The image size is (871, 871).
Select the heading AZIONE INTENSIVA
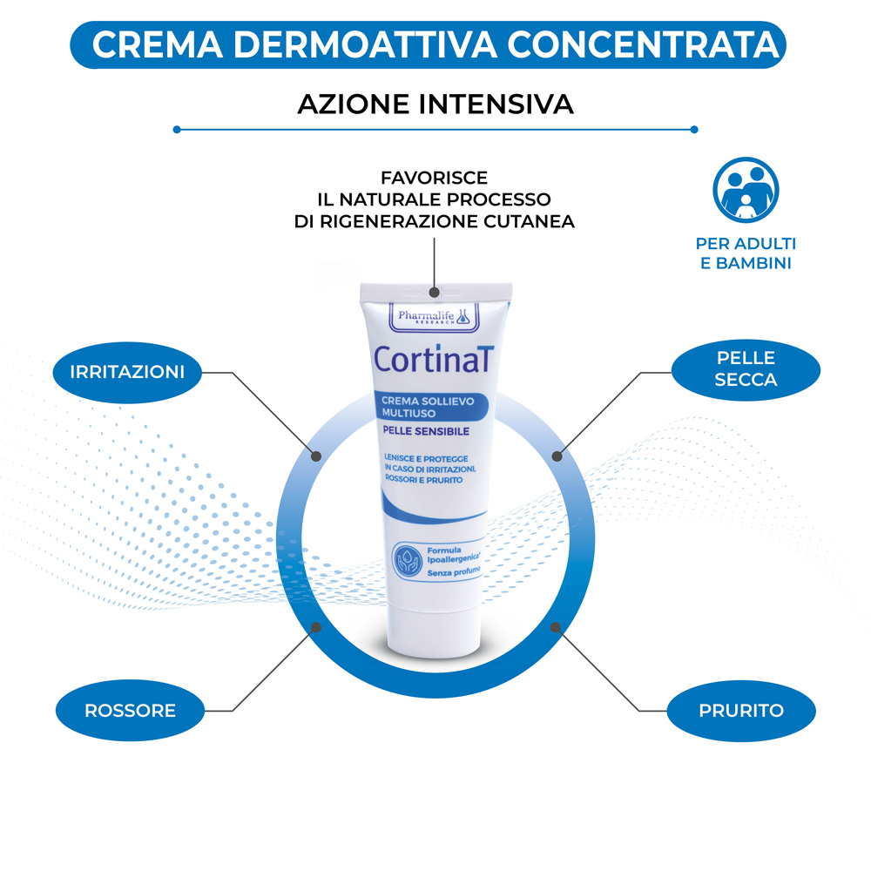coord(435,105)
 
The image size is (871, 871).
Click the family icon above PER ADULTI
coord(746,190)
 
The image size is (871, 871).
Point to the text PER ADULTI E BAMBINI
coord(746,253)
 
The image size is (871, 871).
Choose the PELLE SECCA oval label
coord(746,368)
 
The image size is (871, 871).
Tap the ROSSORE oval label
coord(130,711)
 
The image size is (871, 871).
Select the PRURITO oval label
coord(741,711)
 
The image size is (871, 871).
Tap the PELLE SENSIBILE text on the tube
coord(427,431)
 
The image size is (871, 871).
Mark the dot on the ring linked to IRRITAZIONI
coord(316,455)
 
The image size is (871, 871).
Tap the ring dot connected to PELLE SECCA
coord(558,455)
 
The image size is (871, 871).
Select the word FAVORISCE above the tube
coord(434,178)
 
